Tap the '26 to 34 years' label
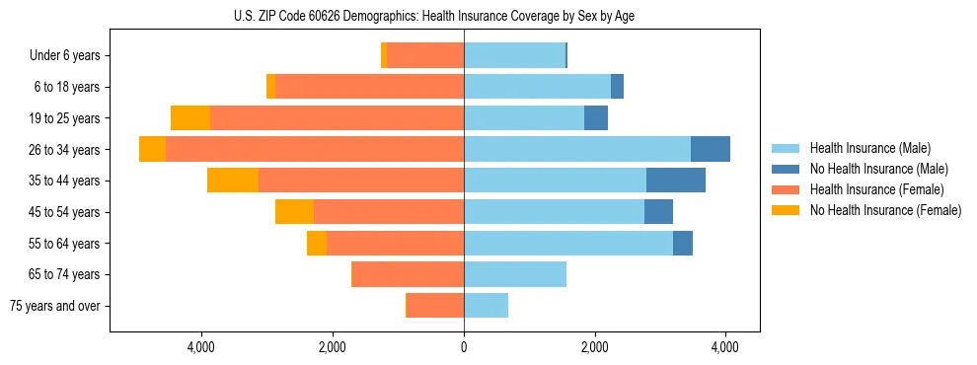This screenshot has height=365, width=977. point(64,150)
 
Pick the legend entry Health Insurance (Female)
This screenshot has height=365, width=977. point(868,189)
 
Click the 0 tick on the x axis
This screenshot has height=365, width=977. point(464,347)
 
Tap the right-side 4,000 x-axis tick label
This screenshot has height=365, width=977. point(725,347)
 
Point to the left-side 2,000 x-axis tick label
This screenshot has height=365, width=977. point(333,347)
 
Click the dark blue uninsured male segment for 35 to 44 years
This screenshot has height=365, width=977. point(676,181)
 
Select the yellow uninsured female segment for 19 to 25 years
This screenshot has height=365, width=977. point(190,118)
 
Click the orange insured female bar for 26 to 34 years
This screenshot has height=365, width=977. point(315,149)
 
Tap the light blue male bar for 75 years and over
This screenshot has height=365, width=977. point(486,306)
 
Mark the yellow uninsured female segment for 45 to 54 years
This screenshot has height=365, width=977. point(294,212)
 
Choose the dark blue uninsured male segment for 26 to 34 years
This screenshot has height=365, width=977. point(711,149)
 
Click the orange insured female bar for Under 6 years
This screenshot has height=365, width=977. point(425,56)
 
